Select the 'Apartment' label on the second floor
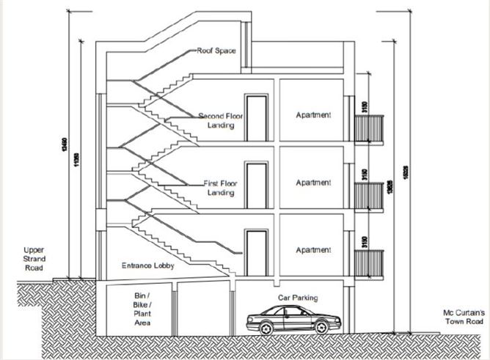click(313, 115)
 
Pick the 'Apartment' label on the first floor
click(313, 183)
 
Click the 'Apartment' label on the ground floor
click(313, 250)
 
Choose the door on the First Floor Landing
click(256, 185)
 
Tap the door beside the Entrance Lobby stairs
click(256, 253)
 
